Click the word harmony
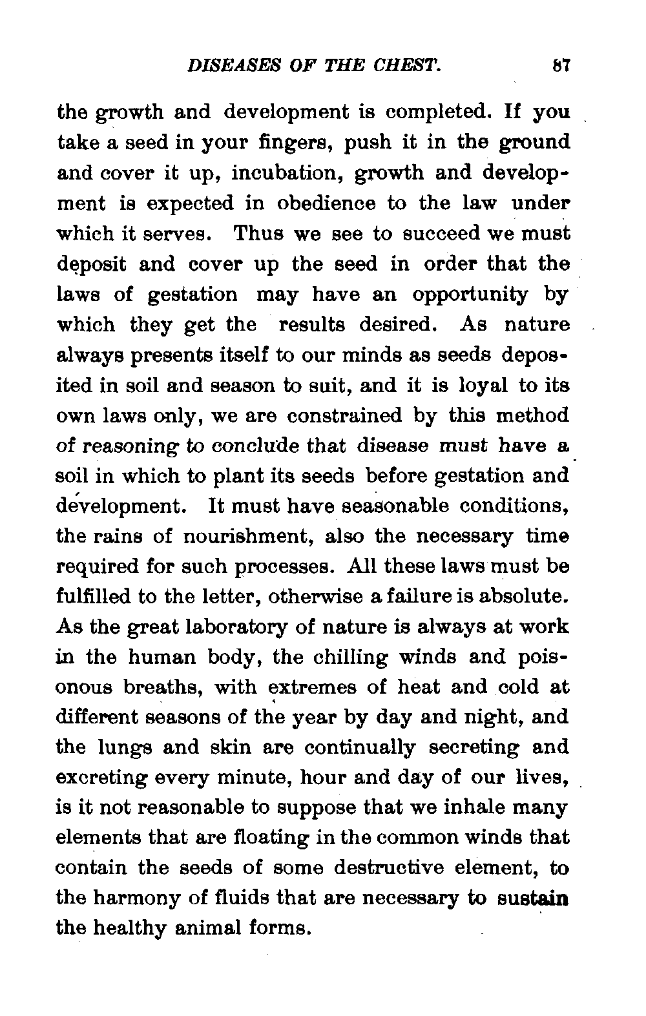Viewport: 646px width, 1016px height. [145, 898]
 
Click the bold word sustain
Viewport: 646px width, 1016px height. [533, 898]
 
